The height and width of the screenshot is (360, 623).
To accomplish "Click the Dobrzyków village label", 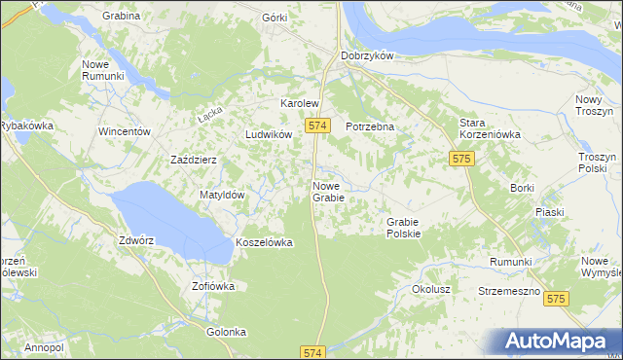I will (x=366, y=55).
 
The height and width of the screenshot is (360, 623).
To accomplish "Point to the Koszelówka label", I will (x=264, y=242).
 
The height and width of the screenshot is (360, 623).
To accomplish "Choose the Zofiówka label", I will (x=213, y=287).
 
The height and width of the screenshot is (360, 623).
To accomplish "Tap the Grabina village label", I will (x=120, y=16).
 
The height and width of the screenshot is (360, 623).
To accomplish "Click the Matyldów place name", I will (x=222, y=195).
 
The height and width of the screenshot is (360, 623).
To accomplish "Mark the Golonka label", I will (x=226, y=332).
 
